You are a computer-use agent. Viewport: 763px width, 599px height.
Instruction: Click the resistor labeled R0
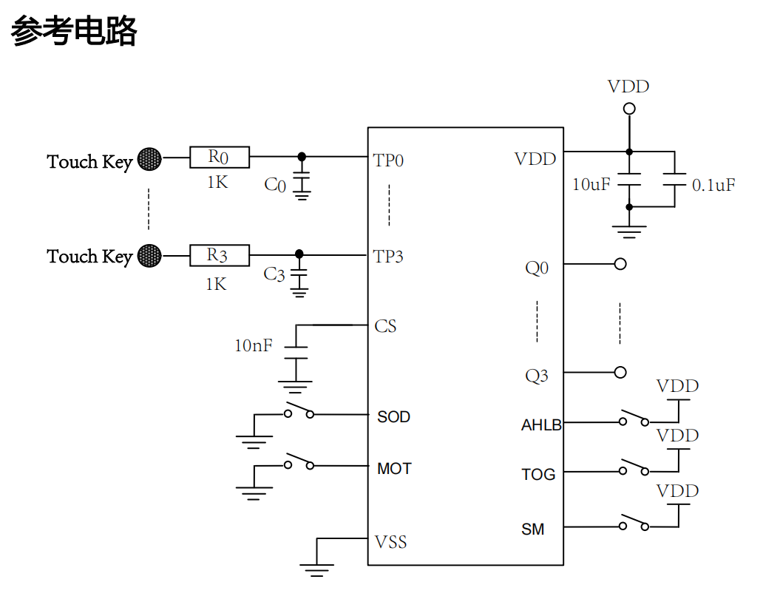coord(220,157)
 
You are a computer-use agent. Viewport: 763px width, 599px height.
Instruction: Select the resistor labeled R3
coord(220,255)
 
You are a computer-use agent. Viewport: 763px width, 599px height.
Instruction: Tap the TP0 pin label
coord(388,160)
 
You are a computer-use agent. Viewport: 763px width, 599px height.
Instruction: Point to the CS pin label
coord(385,326)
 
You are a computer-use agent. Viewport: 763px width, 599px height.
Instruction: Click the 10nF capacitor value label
coord(254,345)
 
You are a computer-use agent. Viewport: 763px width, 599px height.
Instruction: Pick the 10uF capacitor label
coord(591,184)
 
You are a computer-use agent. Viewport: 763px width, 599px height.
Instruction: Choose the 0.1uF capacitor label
coord(713,185)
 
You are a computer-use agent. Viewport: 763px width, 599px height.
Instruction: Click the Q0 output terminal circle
coord(620,264)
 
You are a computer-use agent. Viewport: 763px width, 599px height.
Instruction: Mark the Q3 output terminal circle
coord(620,372)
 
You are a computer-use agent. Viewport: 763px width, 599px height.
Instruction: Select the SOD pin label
coord(393,417)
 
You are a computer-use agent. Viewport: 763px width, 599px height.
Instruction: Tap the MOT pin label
coord(394,469)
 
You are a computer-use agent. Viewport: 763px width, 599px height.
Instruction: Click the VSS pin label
coord(390,542)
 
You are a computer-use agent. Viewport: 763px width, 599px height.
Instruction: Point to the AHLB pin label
coord(541,425)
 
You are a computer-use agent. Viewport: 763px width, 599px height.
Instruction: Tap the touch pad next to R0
coord(150,158)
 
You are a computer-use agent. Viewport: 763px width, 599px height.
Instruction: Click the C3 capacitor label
coord(274,274)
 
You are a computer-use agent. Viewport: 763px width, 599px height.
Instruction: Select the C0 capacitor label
coord(275,185)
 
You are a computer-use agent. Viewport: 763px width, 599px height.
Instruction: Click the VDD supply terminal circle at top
coord(629,109)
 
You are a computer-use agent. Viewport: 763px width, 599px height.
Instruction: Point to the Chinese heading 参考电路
coord(74,32)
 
